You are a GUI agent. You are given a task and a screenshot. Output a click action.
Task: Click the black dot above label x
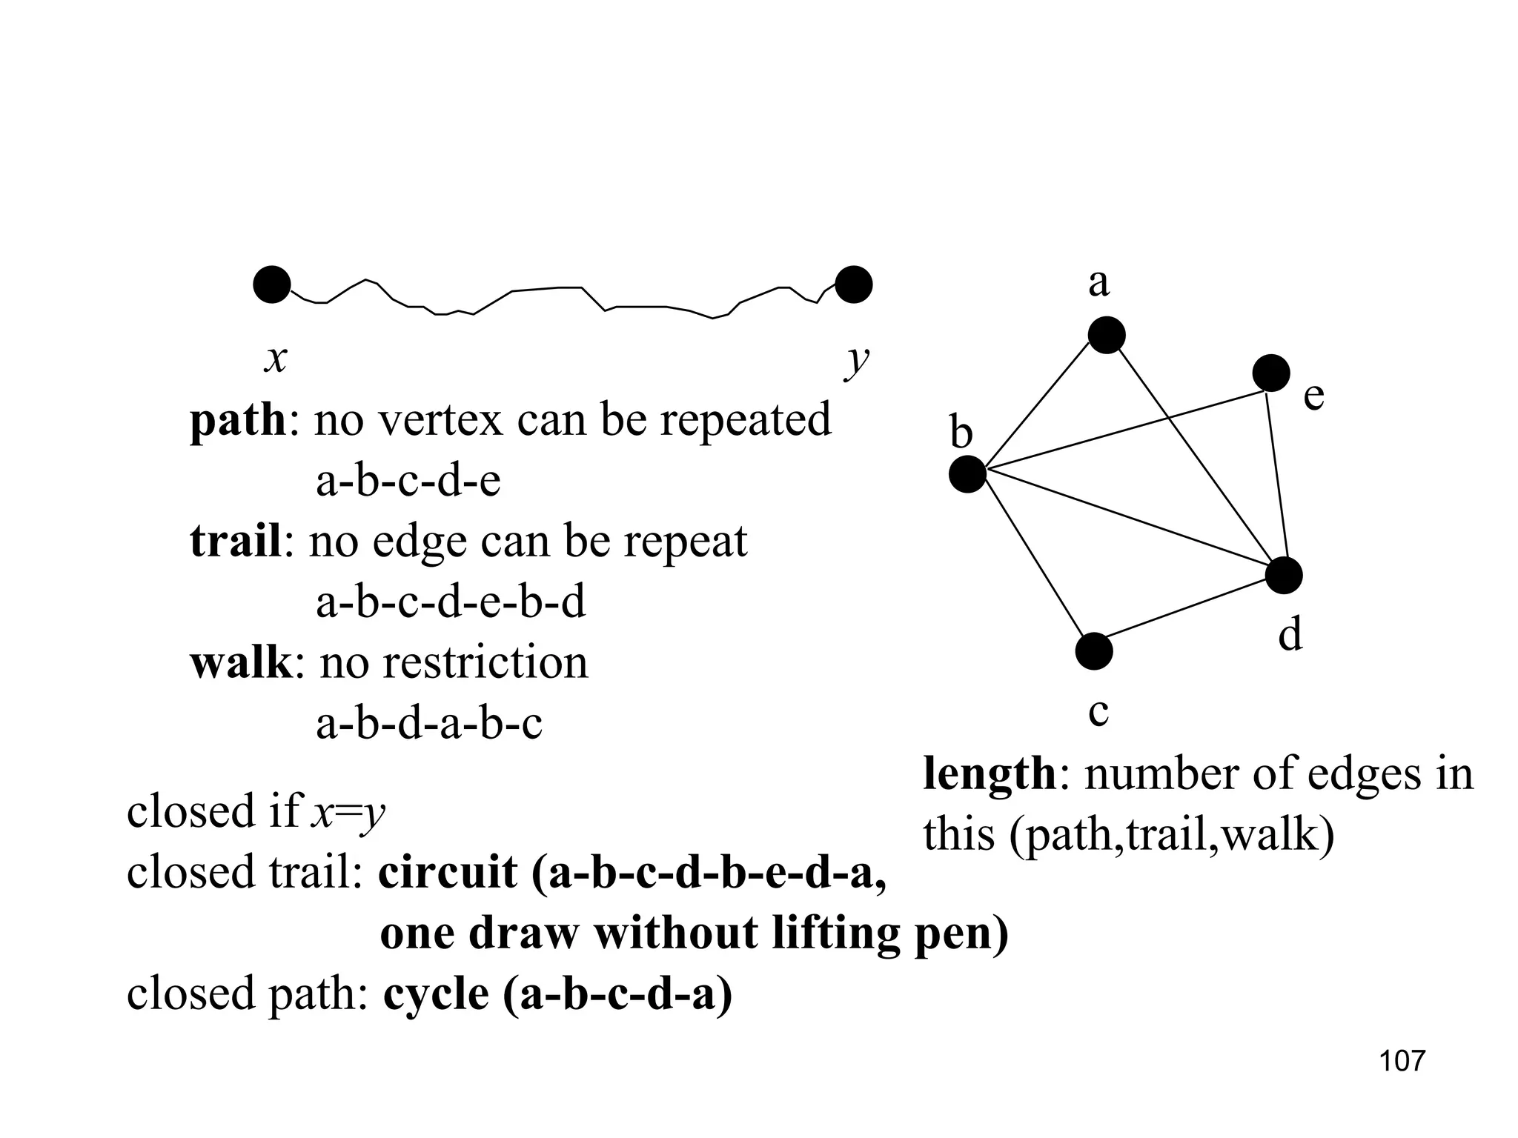(271, 284)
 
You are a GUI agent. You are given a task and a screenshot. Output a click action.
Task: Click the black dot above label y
(853, 284)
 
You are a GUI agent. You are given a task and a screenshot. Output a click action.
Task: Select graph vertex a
(1106, 335)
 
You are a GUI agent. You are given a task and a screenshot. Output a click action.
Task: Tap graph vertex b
(967, 473)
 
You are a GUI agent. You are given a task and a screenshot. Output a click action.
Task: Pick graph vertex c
(1094, 651)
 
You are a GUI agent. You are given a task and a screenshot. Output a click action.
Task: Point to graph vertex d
(1284, 576)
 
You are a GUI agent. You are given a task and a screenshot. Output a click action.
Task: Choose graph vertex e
(1270, 373)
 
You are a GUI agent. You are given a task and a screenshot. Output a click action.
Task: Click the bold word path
(237, 421)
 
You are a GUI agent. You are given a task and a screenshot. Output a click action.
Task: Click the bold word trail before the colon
(235, 542)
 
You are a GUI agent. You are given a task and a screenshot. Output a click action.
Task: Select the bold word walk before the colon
(241, 663)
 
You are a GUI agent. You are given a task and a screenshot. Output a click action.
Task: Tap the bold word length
(989, 775)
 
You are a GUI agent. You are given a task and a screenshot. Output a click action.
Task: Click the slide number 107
(1402, 1061)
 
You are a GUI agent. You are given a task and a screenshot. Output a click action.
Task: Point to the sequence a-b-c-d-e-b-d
(451, 602)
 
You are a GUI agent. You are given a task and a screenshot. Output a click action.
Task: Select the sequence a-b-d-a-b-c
(429, 724)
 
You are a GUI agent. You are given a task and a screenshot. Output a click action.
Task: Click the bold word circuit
(448, 873)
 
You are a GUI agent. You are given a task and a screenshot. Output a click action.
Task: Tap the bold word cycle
(436, 994)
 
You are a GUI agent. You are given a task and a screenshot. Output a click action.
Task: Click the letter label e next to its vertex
(1313, 396)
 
